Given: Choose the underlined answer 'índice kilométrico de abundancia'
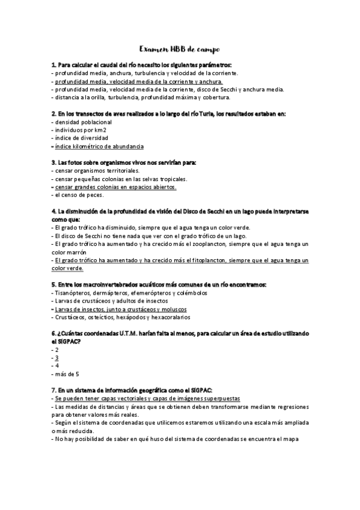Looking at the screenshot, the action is pos(99,146).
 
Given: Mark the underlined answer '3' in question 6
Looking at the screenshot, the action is pos(56,357).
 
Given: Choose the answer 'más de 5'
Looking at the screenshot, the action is pos(66,373).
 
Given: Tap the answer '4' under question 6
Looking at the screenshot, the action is pos(56,365).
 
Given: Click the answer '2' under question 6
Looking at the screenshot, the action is pos(56,349).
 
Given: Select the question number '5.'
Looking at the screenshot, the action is pos(54,284).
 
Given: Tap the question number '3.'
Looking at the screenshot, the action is pos(54,162).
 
